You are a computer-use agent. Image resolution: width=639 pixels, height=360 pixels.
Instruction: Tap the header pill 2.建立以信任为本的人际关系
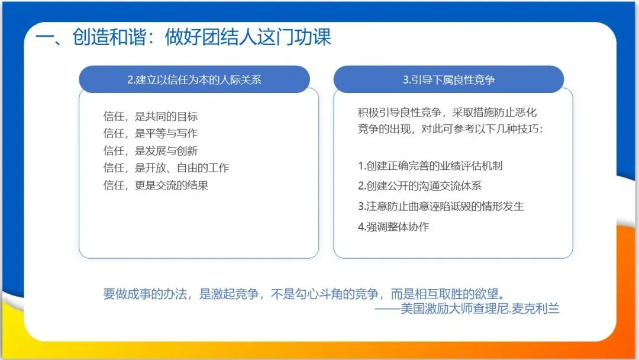(x=195, y=79)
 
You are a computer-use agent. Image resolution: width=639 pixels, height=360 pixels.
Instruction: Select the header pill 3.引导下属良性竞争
(x=448, y=79)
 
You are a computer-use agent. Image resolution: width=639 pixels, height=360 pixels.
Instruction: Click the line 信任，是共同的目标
(x=150, y=116)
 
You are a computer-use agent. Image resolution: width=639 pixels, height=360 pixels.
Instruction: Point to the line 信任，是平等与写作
(x=150, y=133)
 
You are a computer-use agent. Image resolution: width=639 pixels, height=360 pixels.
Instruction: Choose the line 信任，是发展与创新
(x=150, y=151)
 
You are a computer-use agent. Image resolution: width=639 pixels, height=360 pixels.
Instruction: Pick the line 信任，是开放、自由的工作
(x=166, y=168)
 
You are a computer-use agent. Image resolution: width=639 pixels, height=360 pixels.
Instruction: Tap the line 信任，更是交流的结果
(x=156, y=185)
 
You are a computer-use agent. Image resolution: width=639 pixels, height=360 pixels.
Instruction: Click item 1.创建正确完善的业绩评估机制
(x=430, y=166)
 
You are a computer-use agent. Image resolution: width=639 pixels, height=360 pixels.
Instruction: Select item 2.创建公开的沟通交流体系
(x=419, y=186)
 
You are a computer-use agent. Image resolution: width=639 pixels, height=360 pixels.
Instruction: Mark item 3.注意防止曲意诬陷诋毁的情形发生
(x=441, y=206)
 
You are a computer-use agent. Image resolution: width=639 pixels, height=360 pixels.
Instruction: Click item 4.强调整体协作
(x=393, y=227)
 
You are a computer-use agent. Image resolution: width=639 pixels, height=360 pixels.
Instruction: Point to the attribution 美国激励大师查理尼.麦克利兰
(x=480, y=308)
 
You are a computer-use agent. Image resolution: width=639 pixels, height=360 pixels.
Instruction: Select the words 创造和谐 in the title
(x=109, y=37)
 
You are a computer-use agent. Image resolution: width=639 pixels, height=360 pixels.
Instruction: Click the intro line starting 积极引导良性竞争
(x=447, y=112)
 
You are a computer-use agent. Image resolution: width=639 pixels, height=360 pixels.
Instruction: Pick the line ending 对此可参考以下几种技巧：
(x=450, y=129)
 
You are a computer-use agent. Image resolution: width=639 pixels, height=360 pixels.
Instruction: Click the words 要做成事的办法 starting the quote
(x=145, y=294)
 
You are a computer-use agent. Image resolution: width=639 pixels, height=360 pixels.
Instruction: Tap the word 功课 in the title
(x=313, y=37)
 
